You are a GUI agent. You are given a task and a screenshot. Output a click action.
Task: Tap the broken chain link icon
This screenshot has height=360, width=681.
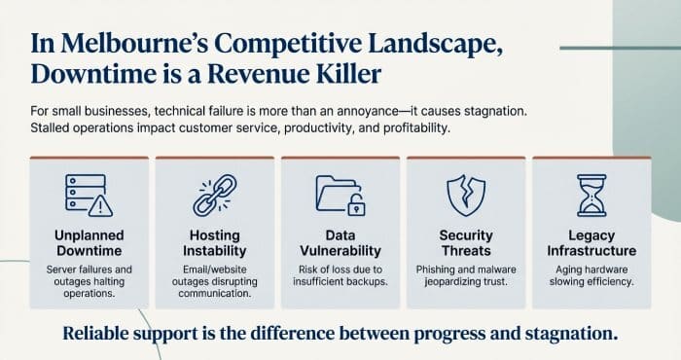(x=215, y=195)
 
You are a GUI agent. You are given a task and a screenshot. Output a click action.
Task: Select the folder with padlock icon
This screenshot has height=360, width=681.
(x=340, y=195)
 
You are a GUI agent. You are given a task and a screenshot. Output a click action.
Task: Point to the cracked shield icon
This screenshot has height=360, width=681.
(x=466, y=195)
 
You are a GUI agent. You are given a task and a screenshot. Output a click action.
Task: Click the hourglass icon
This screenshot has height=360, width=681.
(x=591, y=195)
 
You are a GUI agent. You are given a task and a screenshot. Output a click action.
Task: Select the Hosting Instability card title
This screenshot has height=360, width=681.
(x=215, y=243)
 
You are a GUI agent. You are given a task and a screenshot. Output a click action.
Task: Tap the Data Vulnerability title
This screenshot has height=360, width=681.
(x=340, y=243)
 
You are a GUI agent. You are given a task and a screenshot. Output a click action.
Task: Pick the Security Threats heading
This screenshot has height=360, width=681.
(x=466, y=243)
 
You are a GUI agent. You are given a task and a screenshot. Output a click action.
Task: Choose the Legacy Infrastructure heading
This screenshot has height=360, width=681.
(x=591, y=243)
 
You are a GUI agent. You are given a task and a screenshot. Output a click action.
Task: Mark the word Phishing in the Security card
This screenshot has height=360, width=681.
(x=431, y=268)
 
